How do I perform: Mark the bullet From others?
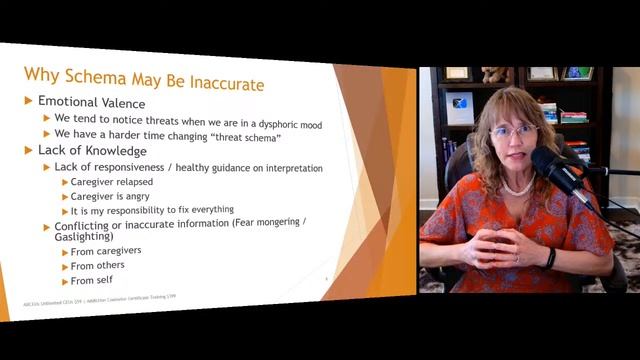coord(98,267)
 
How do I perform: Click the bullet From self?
coord(93,281)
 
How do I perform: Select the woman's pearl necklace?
coord(517,188)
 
